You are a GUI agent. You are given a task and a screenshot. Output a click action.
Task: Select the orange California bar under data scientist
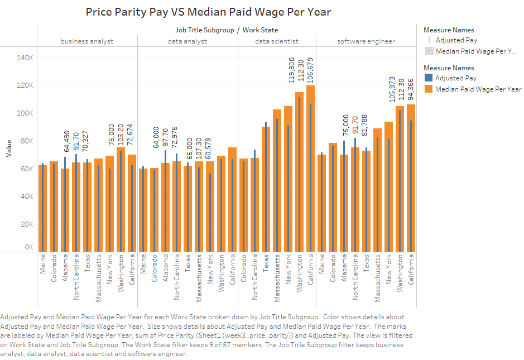point(310,167)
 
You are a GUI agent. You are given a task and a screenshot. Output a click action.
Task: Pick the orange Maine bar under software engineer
point(321,203)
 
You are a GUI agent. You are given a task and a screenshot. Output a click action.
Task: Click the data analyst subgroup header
point(188,41)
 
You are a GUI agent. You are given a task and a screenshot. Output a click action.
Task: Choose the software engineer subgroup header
point(366,41)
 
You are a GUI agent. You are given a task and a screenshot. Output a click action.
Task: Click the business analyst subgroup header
point(87,41)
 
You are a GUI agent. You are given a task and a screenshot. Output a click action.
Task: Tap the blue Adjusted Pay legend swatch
point(429,78)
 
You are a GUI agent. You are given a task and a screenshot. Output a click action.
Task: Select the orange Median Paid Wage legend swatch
point(429,89)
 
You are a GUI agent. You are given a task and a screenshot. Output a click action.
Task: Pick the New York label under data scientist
point(289,268)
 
